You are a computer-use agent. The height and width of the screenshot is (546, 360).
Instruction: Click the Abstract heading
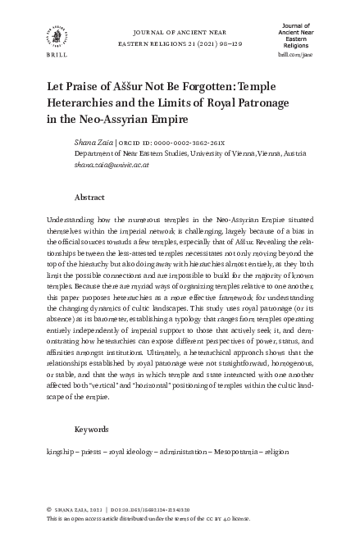[x=90, y=198]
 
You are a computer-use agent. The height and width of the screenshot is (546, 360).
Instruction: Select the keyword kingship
[x=62, y=452]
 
